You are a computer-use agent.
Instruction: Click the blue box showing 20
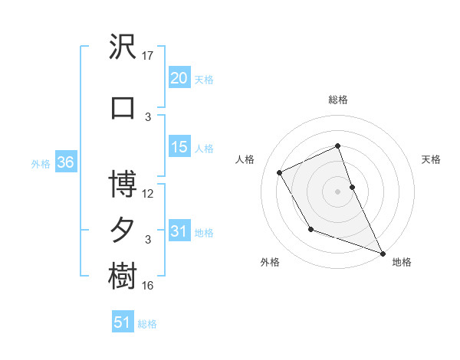pos(179,77)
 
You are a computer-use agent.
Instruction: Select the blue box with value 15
pos(179,147)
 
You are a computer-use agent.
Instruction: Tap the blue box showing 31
pos(179,231)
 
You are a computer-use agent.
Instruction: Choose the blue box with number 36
pos(65,162)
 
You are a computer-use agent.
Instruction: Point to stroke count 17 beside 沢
pos(148,55)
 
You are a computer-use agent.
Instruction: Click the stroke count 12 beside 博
pos(148,193)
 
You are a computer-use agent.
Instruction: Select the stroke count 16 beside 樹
pos(148,286)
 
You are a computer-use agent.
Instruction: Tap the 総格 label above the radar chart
pos(338,100)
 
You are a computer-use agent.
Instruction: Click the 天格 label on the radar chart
pos(431,159)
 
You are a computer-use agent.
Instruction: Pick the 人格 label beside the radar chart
pos(245,159)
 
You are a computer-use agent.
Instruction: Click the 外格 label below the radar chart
pos(270,263)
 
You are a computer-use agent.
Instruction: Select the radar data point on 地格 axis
pos(383,253)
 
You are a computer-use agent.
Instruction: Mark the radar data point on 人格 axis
pos(280,172)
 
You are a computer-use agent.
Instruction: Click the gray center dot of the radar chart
pos(338,191)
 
